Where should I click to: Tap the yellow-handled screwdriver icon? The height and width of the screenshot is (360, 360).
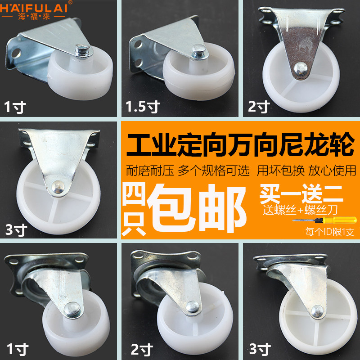point(324,220)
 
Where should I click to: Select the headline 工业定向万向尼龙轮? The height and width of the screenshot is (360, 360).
point(240,144)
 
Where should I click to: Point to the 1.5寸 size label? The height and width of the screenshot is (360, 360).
point(143,107)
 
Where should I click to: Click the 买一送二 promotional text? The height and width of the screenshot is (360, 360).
point(301,194)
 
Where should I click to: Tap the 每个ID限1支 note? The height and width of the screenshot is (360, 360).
point(329,232)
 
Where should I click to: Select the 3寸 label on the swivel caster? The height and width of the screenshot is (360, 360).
point(260,349)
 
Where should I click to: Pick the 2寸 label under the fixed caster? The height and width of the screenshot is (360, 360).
point(259,107)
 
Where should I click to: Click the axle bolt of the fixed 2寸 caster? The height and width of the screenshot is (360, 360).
point(301,69)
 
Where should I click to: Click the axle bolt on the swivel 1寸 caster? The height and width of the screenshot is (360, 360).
point(72,309)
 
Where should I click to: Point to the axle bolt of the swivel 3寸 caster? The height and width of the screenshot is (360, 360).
point(317,311)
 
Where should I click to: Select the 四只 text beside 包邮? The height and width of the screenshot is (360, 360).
point(134,209)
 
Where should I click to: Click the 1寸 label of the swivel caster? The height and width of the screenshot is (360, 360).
point(18,349)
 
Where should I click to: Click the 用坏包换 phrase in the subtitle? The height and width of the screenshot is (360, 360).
point(280,171)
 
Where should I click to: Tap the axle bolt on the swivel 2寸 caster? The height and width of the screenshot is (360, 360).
point(193,307)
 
